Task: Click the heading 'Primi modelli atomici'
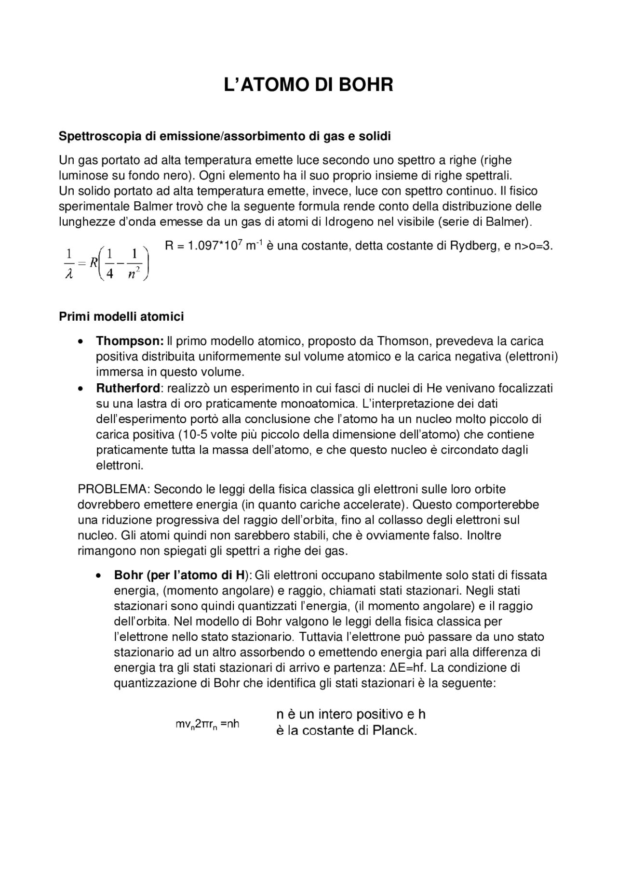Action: click(x=121, y=317)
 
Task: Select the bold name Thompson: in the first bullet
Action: click(x=130, y=341)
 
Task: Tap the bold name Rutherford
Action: click(x=128, y=388)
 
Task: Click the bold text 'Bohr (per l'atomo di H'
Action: click(x=180, y=575)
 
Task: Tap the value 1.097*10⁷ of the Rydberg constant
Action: click(x=215, y=246)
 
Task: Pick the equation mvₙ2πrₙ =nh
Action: click(x=207, y=725)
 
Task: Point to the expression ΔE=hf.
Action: click(x=409, y=668)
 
